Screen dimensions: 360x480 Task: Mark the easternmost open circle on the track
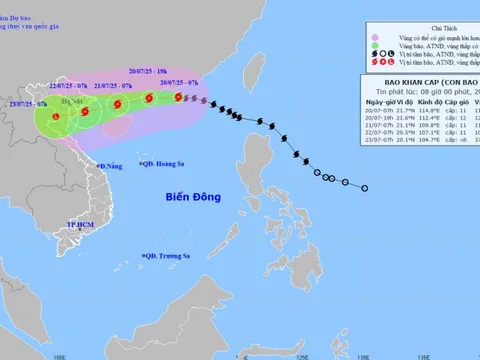tap(365, 187)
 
